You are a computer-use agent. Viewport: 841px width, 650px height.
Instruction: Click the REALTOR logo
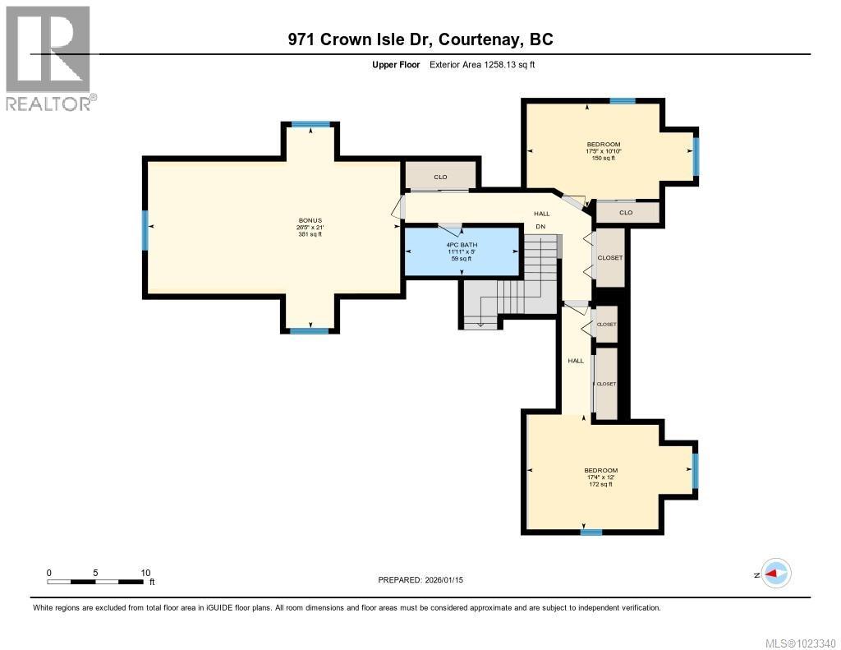(x=48, y=58)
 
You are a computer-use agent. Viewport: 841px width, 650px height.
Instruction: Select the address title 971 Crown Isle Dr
(x=420, y=39)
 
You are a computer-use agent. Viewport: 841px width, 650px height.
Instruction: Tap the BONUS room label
(x=310, y=227)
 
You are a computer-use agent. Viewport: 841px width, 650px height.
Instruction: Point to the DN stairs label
(x=540, y=226)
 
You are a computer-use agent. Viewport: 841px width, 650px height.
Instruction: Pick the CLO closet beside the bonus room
(x=440, y=177)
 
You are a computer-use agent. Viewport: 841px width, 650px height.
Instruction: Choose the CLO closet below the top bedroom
(x=626, y=212)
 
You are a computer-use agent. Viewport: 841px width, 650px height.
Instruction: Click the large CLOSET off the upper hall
(x=610, y=258)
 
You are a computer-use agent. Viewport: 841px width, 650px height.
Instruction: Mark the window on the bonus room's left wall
(x=145, y=230)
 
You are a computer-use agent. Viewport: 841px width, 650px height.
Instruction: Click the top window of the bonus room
(x=310, y=125)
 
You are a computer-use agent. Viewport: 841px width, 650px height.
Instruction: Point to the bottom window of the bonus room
(x=309, y=330)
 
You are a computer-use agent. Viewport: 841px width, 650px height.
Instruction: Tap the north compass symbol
(x=774, y=574)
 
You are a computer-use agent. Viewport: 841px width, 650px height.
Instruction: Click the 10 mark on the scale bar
(x=145, y=573)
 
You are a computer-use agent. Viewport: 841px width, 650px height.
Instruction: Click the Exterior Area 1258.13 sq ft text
(x=482, y=64)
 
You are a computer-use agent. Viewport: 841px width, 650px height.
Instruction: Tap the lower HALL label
(x=576, y=361)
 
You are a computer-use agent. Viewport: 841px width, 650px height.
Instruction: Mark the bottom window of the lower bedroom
(x=591, y=532)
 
